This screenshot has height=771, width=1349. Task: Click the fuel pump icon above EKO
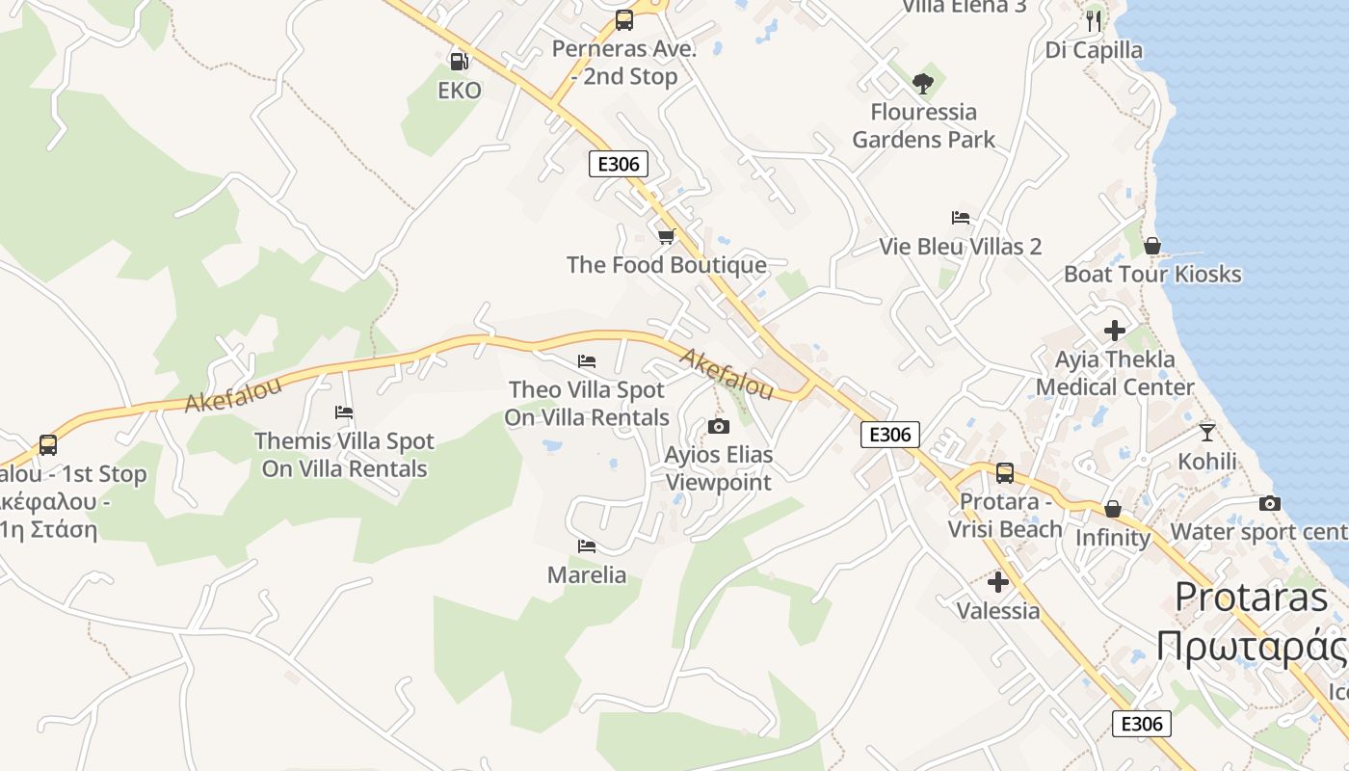[460, 61]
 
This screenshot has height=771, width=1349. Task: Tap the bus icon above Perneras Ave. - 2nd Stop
[624, 19]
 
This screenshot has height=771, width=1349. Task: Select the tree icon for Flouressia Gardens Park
[923, 83]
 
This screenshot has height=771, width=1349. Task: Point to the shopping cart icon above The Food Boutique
[666, 236]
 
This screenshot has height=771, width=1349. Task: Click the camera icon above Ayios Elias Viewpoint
[718, 426]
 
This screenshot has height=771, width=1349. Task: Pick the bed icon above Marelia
[586, 546]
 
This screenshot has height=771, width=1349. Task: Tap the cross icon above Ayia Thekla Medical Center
[1115, 331]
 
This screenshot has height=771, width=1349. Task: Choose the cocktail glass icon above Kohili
[1206, 432]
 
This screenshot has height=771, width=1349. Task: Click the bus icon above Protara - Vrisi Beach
[1005, 473]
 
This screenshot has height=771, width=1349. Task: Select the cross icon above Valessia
[998, 582]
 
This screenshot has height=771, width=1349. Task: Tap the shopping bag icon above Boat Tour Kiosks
[1151, 246]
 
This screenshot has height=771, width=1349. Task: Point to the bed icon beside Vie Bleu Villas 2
[960, 218]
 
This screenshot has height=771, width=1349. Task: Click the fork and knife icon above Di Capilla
[1093, 20]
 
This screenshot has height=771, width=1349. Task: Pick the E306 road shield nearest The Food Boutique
[619, 164]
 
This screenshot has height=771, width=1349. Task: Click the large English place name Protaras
[1252, 597]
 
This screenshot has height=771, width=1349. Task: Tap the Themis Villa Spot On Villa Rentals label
[345, 455]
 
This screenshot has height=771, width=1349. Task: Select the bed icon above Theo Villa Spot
[586, 361]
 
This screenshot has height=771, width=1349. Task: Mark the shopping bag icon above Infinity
[1113, 508]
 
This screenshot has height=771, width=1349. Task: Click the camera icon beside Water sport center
[1270, 503]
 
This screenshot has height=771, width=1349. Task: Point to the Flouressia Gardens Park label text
[923, 125]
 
